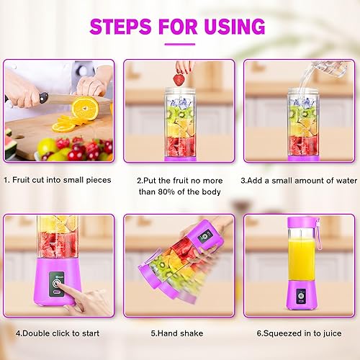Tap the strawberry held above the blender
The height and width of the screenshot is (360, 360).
coord(179,78)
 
